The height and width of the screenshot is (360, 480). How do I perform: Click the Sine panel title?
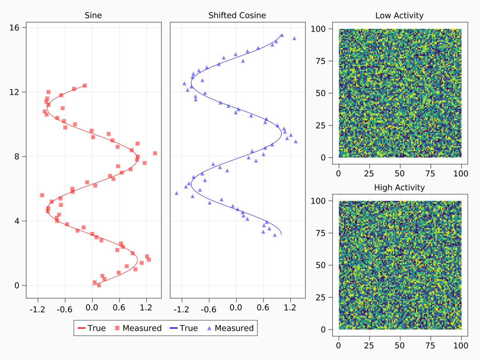93,16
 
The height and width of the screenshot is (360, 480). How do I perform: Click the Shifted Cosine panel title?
237,16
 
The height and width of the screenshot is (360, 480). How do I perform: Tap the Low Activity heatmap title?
399,16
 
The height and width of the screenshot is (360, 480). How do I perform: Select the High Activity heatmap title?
399,187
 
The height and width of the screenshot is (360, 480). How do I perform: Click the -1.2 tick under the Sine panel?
38,309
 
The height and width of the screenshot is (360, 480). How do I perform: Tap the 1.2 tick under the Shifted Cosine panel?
290,309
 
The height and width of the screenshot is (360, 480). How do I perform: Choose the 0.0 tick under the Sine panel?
92,309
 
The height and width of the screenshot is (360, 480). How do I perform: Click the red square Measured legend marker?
118,328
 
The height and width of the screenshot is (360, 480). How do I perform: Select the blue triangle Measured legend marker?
210,328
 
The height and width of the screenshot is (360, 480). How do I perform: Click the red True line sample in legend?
82,328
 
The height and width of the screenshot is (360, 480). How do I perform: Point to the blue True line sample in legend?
174,328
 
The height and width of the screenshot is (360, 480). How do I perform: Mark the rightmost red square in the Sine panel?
155,153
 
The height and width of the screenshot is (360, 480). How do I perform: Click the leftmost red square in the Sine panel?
42,195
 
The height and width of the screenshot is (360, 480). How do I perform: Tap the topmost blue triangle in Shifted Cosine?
282,35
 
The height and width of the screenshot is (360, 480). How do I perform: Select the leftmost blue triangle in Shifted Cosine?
176,193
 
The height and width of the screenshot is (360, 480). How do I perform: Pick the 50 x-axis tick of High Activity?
400,345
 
